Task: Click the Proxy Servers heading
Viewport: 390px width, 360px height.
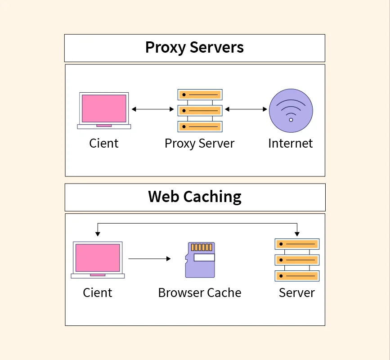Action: click(194, 48)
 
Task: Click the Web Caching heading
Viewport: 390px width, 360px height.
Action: click(194, 197)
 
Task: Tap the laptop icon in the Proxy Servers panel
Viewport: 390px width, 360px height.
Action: click(104, 110)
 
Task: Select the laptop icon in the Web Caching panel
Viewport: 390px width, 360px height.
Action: click(98, 260)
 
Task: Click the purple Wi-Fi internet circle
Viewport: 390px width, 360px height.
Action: click(291, 111)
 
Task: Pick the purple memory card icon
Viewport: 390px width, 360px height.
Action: click(200, 260)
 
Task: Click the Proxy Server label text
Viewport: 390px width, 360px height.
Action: click(199, 144)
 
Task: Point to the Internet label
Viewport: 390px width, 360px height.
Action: click(290, 144)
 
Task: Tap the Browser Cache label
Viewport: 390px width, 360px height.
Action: click(199, 293)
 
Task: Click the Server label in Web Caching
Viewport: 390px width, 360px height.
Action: click(296, 293)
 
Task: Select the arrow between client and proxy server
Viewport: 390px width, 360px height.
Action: click(152, 109)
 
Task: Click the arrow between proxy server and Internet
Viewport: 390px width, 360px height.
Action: click(246, 109)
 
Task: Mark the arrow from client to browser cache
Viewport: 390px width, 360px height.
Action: click(149, 259)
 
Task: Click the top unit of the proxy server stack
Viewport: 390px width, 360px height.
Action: click(200, 95)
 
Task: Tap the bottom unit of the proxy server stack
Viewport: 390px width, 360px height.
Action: click(200, 126)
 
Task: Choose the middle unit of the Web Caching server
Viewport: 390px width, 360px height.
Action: click(297, 260)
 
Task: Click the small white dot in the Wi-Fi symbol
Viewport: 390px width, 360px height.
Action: click(291, 120)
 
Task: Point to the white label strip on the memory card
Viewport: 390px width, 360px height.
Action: click(204, 258)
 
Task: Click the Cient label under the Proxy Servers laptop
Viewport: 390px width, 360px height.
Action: click(103, 144)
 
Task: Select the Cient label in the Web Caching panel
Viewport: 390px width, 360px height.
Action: click(97, 293)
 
